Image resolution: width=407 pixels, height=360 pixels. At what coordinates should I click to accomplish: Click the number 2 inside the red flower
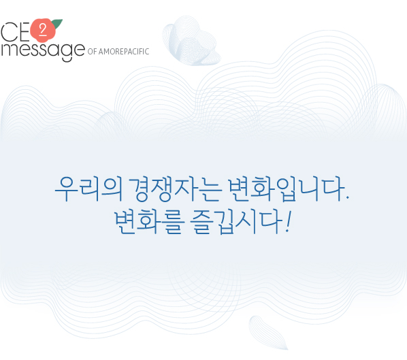43,30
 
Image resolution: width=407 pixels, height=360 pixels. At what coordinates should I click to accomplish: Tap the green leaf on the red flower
58,23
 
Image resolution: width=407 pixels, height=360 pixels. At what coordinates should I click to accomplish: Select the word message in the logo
43,51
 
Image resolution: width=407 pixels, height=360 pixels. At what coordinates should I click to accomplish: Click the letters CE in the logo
15,32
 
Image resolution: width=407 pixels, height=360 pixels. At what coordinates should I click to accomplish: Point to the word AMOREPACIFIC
124,52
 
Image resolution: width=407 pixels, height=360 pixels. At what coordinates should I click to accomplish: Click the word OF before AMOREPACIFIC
92,52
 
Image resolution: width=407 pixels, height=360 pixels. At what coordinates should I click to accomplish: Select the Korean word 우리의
88,189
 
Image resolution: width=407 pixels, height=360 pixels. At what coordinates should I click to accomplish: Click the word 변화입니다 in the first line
286,189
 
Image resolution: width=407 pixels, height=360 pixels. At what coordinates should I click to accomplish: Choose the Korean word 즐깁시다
236,222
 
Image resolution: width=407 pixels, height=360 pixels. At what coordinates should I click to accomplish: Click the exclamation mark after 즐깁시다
288,221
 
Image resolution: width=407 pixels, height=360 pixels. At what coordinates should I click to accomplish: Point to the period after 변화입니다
348,198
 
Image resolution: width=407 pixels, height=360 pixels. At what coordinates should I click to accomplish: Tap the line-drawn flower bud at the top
191,41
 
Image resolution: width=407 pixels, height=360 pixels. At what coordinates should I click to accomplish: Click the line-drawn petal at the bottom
267,333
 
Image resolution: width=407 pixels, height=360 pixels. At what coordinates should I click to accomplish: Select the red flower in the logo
43,30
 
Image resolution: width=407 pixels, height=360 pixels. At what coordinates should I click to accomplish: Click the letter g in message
66,52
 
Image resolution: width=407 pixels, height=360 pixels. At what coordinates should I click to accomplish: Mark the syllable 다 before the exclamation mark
272,222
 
